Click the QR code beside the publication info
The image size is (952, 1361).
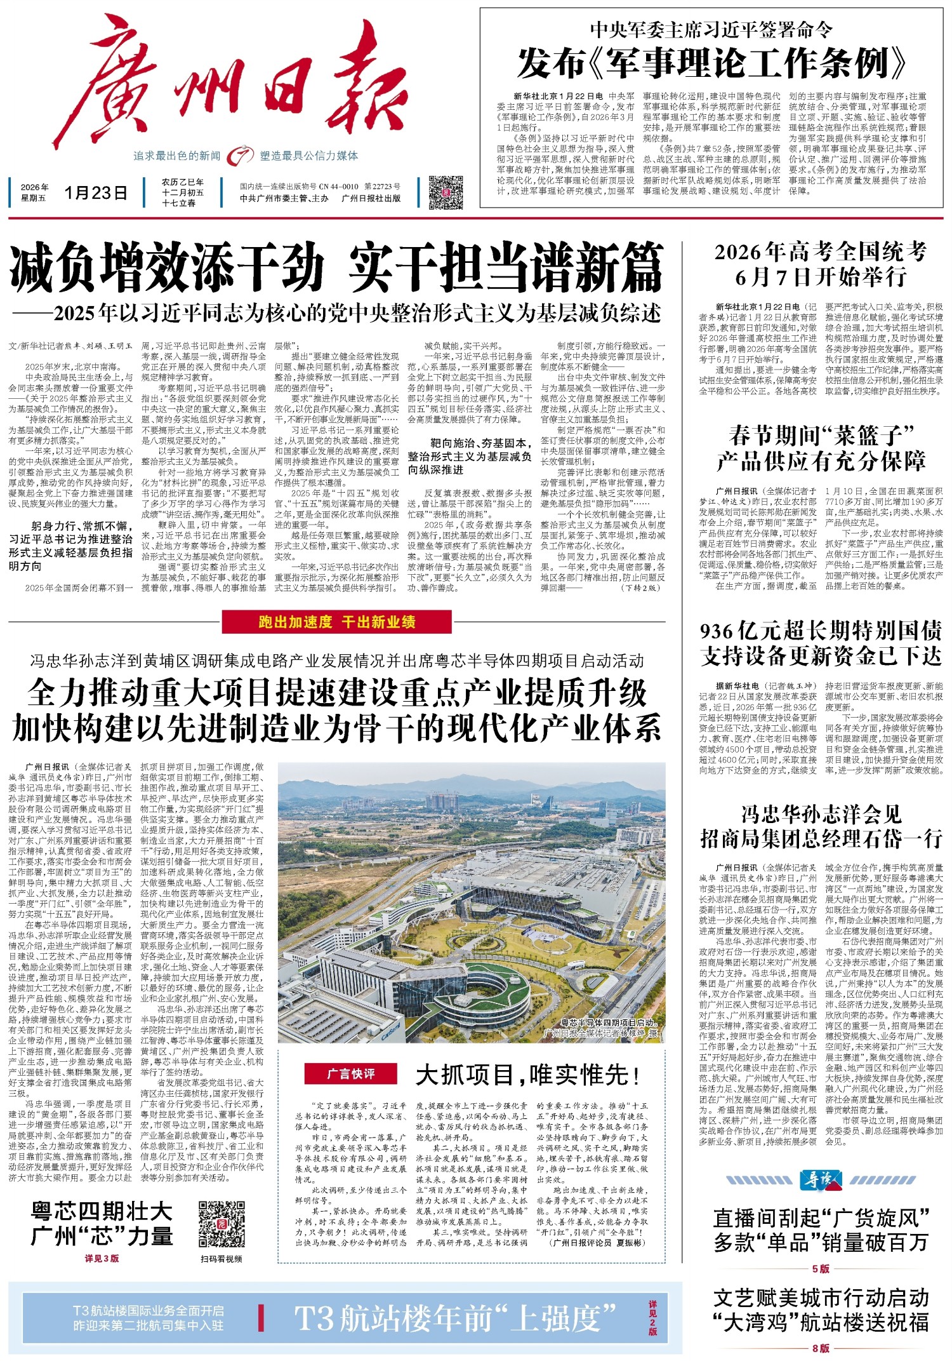pyautogui.click(x=446, y=192)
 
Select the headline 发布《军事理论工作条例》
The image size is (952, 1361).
pyautogui.click(x=711, y=64)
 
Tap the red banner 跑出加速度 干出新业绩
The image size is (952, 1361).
pyautogui.click(x=337, y=622)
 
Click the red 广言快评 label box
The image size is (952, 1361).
pyautogui.click(x=350, y=1073)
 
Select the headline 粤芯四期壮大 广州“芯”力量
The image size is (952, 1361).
pyautogui.click(x=102, y=1223)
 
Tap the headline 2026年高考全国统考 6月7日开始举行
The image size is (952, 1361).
pyautogui.click(x=821, y=264)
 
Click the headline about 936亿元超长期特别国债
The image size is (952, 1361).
pyautogui.click(x=821, y=643)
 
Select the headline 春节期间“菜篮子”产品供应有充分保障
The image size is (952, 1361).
pyautogui.click(x=821, y=448)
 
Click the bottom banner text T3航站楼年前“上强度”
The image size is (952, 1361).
pyautogui.click(x=456, y=1318)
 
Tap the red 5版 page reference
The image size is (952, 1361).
pyautogui.click(x=821, y=1268)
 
